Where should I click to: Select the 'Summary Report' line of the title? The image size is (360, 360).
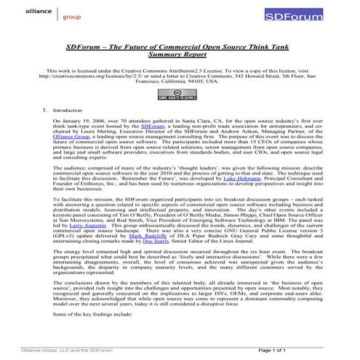point(180,53)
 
